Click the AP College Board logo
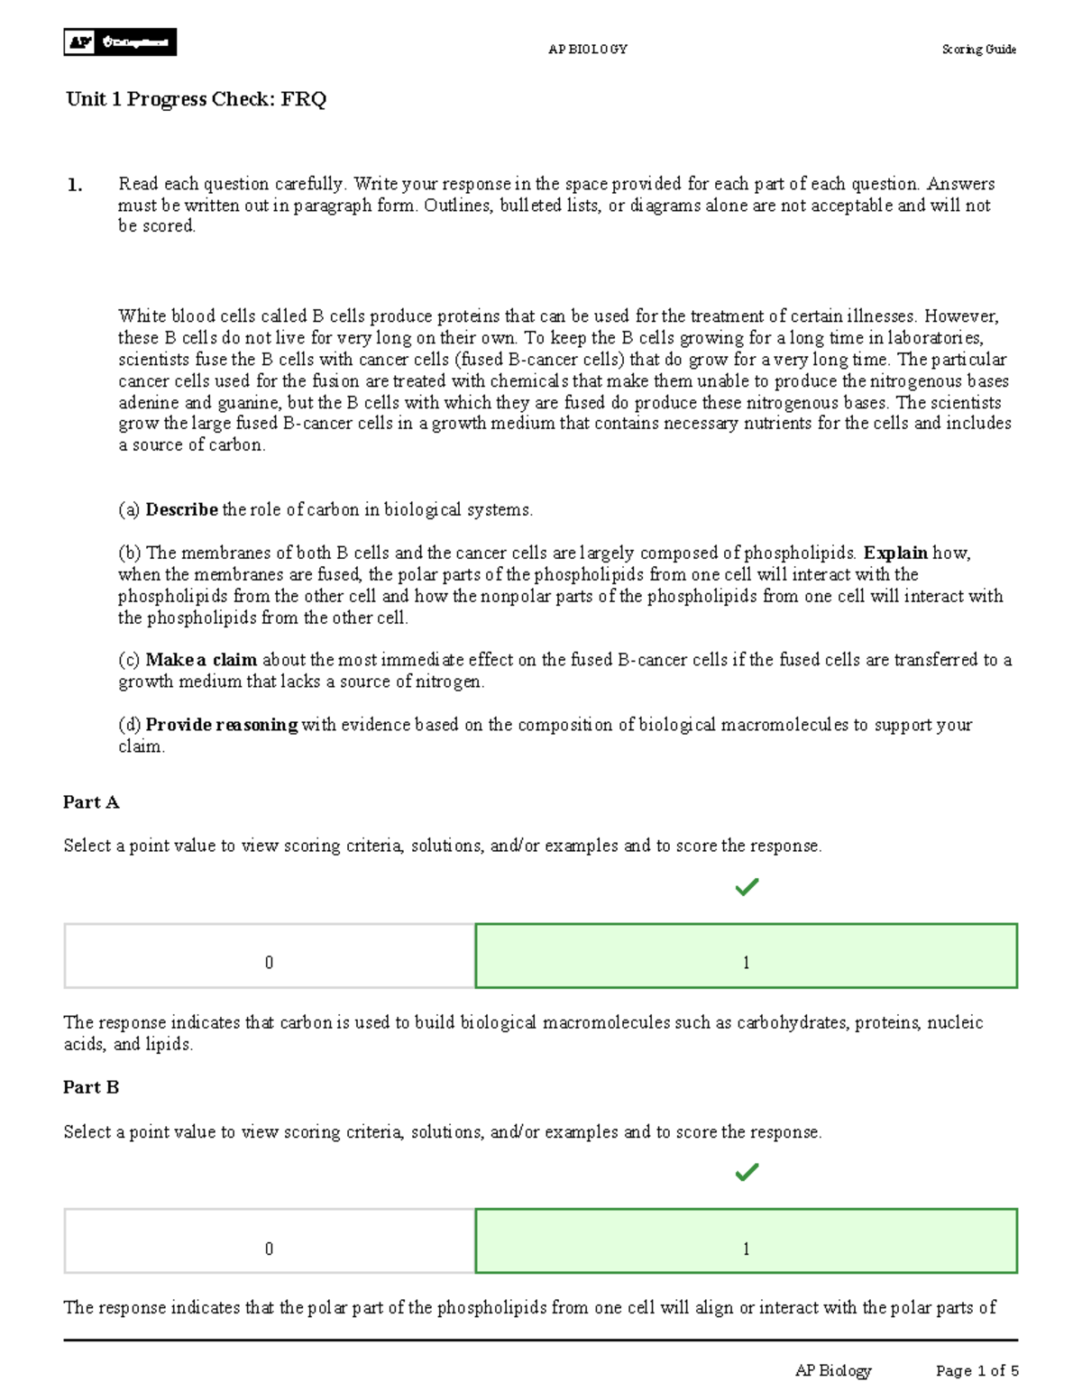[120, 42]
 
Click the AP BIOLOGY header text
[587, 50]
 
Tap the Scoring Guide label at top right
[978, 50]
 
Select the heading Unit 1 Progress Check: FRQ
[196, 99]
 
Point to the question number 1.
[74, 186]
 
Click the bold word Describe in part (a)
[181, 510]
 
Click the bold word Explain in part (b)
[894, 554]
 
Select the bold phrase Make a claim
[201, 660]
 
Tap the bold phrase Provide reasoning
[221, 725]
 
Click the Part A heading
[91, 802]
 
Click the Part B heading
[91, 1087]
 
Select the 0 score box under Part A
[269, 956]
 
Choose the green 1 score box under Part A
[746, 956]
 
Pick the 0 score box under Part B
[269, 1241]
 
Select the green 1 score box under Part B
[746, 1241]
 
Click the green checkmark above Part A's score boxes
[747, 888]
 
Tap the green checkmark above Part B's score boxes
[747, 1173]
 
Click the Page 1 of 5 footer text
[977, 1371]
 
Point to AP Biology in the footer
[833, 1371]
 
